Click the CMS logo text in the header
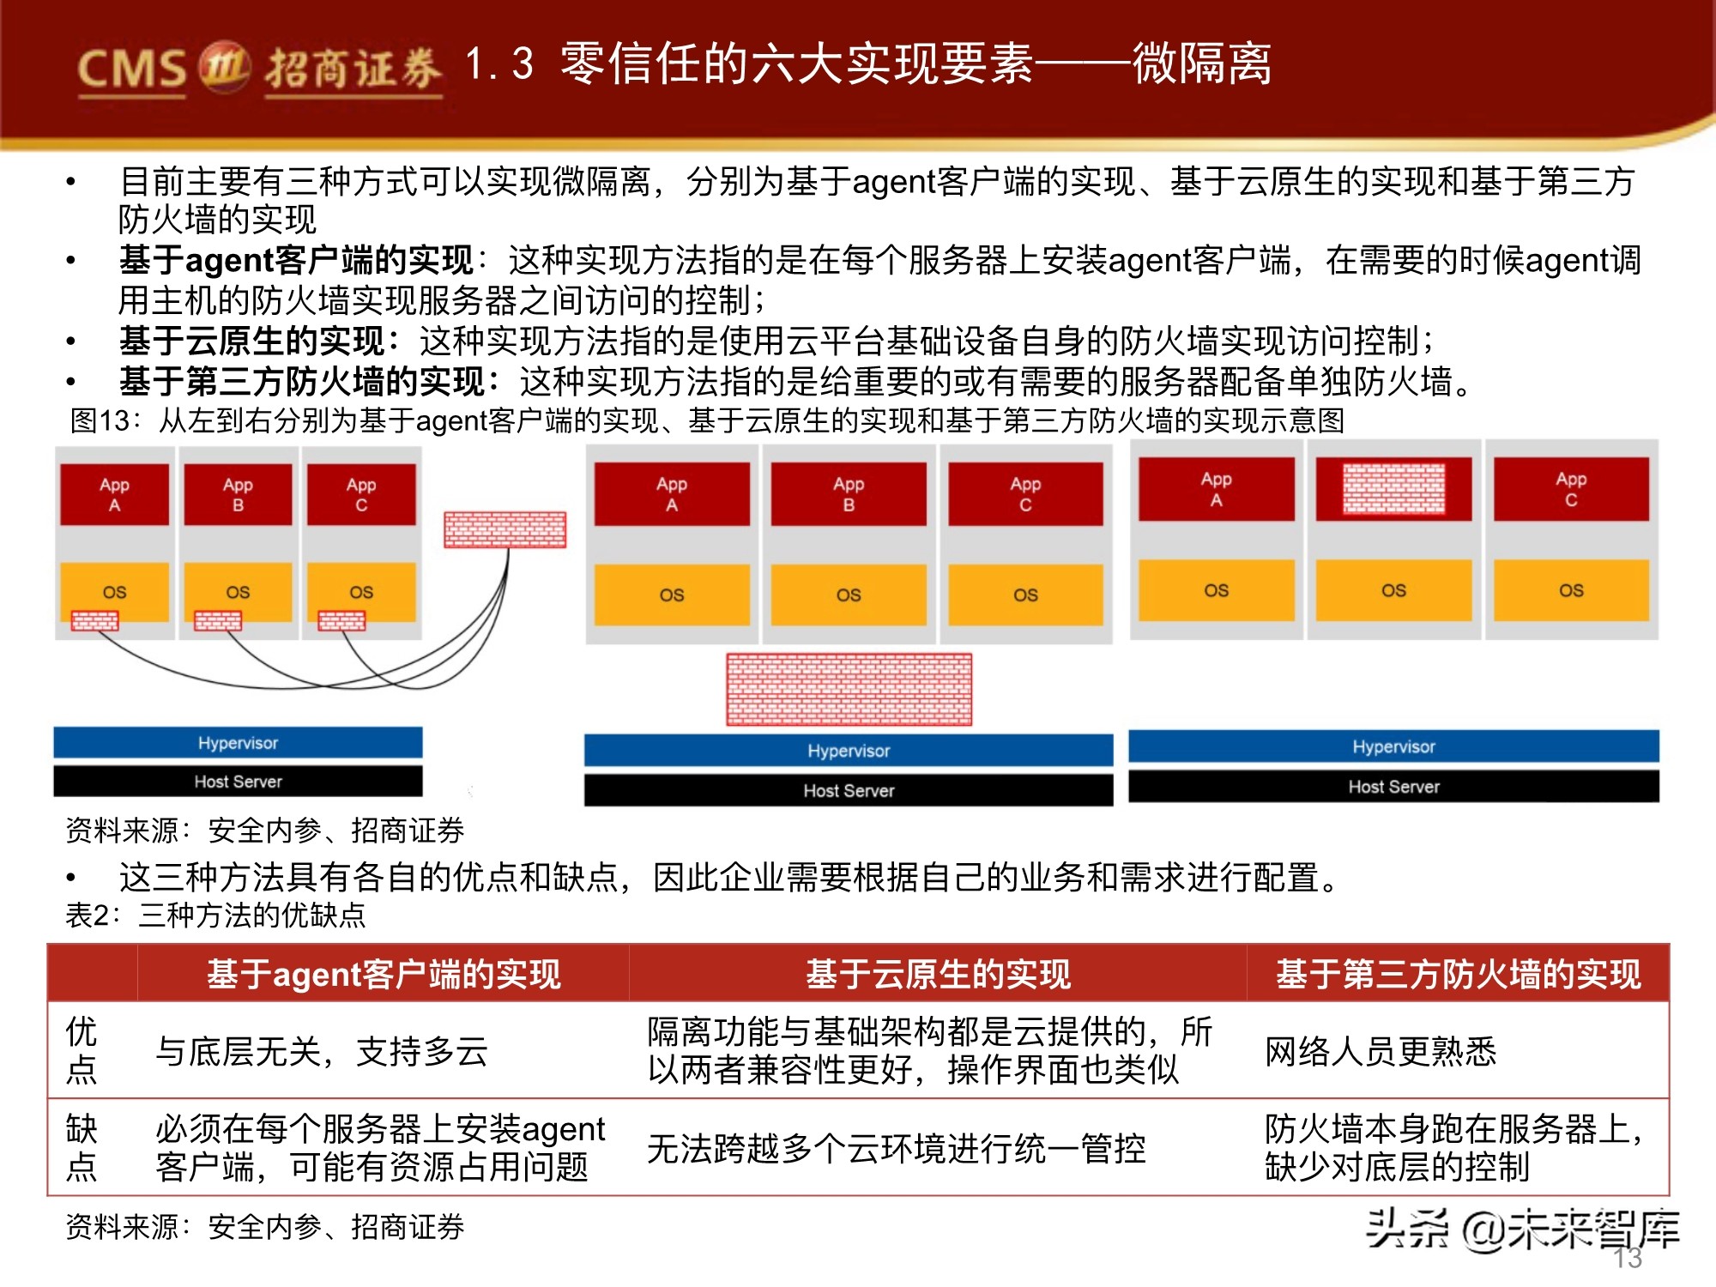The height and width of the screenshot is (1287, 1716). (131, 69)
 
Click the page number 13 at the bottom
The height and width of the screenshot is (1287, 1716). (1628, 1258)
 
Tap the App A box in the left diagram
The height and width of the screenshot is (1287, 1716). (114, 494)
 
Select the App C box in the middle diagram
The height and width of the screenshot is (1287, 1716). (1025, 494)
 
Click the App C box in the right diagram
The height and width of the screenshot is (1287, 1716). (1571, 489)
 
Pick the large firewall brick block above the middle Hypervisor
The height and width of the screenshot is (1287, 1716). (849, 689)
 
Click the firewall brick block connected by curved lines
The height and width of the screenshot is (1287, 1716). (505, 529)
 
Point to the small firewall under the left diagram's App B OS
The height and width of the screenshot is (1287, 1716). (218, 620)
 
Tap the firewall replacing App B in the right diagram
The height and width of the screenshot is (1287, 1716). (1393, 488)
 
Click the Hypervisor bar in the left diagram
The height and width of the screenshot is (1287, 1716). (238, 743)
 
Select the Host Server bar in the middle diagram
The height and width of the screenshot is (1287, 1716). (849, 790)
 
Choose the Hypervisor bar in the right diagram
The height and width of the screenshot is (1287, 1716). (1393, 746)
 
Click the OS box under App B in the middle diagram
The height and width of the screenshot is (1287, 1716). (849, 595)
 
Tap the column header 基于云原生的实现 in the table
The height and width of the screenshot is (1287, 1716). (938, 974)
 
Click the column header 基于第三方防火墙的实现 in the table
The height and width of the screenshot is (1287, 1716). (1458, 974)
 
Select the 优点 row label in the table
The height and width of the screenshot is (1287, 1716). (82, 1050)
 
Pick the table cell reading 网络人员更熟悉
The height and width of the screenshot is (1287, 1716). (1381, 1051)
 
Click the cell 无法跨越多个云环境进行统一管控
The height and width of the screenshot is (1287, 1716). (896, 1148)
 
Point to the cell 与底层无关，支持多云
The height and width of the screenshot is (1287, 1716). (322, 1051)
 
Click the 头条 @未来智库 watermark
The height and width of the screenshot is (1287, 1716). (1522, 1229)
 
